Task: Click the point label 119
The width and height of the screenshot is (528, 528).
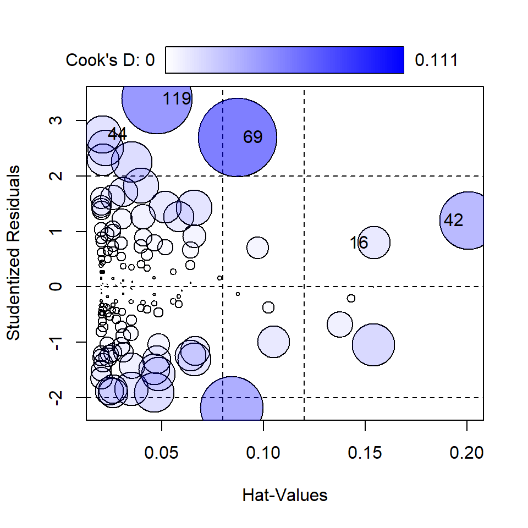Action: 177,100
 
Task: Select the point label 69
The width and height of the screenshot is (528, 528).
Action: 253,137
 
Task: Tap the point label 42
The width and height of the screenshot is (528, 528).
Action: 453,221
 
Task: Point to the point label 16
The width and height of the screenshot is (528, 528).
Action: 359,243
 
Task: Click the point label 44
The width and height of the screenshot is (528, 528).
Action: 117,134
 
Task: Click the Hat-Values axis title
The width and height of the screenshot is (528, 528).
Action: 285,495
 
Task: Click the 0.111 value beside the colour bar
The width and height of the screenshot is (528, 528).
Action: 436,60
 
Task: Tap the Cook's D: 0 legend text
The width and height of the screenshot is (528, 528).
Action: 111,60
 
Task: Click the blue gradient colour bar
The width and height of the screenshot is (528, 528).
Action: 285,59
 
